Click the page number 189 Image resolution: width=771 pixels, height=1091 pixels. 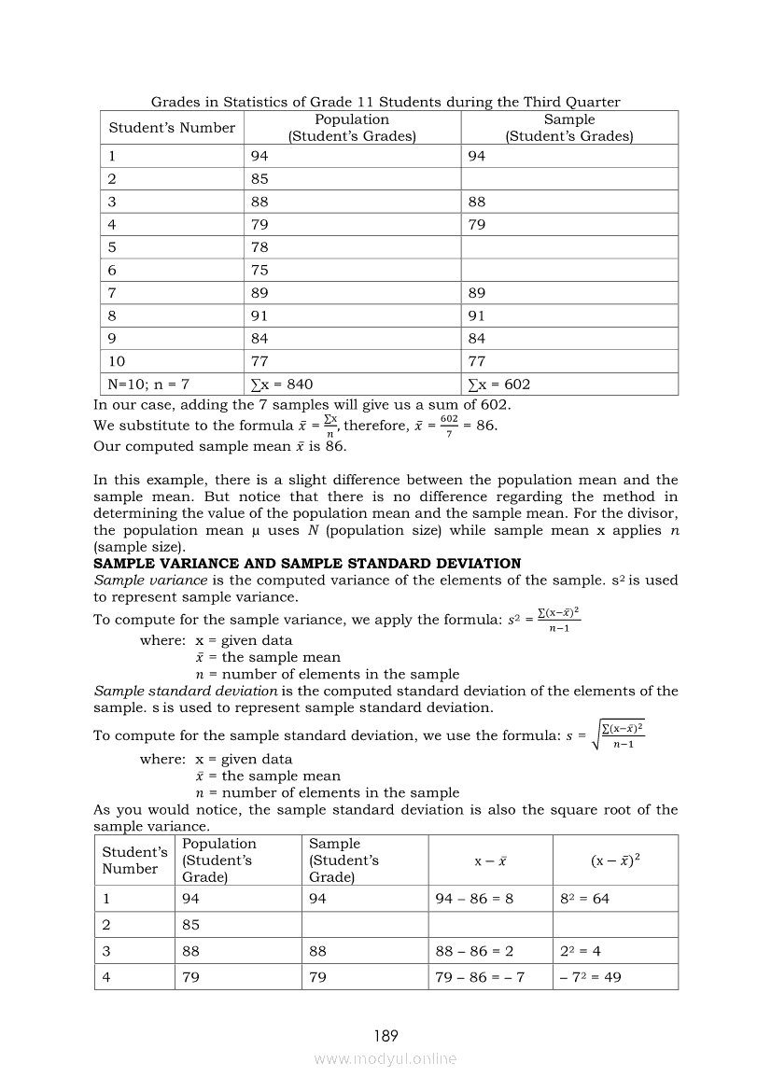pyautogui.click(x=385, y=1035)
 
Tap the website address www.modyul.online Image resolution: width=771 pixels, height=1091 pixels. pyautogui.click(x=385, y=1058)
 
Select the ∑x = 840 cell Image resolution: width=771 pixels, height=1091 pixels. pyautogui.click(x=282, y=384)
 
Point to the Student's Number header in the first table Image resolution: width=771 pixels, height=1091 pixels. pyautogui.click(x=172, y=128)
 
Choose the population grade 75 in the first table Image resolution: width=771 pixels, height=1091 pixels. pyautogui.click(x=259, y=270)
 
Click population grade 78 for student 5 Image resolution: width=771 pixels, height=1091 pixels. pyautogui.click(x=259, y=246)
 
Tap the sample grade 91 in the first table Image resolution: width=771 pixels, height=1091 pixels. pyautogui.click(x=477, y=315)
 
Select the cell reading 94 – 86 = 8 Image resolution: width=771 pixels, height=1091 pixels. pyautogui.click(x=474, y=899)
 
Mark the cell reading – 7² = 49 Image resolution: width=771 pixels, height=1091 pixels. pyautogui.click(x=590, y=977)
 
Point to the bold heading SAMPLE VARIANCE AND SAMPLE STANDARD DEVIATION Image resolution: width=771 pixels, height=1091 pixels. pyautogui.click(x=307, y=564)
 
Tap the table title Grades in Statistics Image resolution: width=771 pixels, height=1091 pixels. pyautogui.click(x=385, y=102)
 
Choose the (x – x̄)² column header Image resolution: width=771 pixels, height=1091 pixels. pyautogui.click(x=615, y=860)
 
